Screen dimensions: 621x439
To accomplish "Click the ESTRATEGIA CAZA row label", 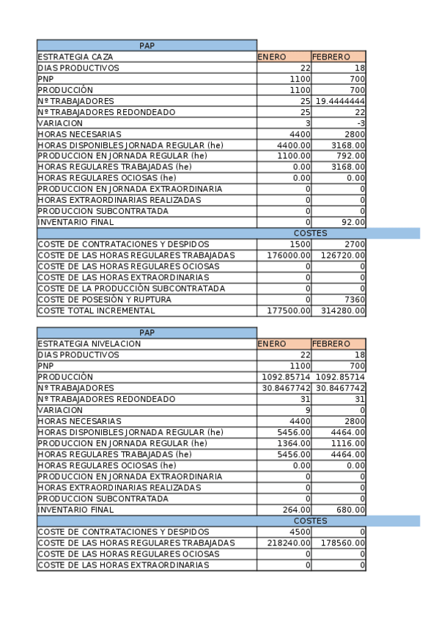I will [x=71, y=56].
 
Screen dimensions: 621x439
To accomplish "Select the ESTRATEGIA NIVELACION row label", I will [x=89, y=343].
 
